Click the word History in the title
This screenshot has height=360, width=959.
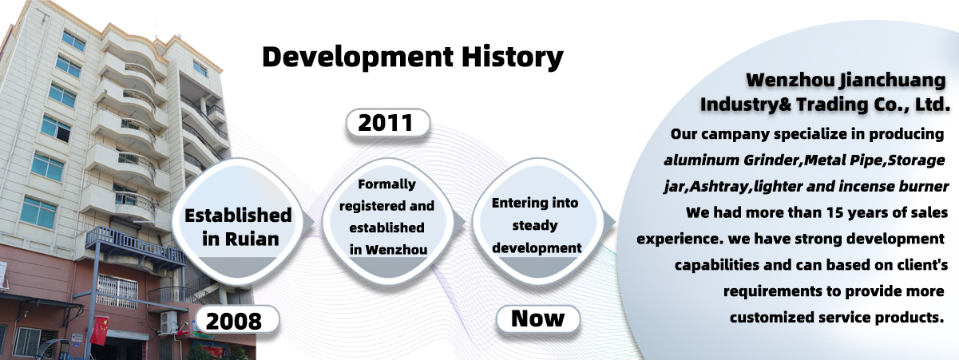tap(512, 57)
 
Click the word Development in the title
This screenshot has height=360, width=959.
tap(358, 57)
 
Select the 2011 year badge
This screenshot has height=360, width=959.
tap(387, 123)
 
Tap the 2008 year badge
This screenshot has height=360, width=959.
tap(236, 320)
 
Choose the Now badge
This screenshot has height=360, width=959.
tap(537, 319)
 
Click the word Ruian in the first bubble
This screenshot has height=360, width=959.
tap(252, 239)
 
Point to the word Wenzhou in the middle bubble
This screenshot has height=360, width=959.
tap(396, 250)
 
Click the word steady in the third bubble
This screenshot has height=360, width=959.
tap(535, 225)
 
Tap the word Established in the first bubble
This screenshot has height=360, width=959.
tap(238, 216)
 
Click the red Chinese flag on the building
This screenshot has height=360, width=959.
tap(99, 330)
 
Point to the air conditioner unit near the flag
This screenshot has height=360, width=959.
tap(168, 322)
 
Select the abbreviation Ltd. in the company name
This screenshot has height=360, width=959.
tap(933, 105)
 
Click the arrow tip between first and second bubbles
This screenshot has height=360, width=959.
tap(315, 222)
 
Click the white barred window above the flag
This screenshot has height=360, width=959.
tap(117, 291)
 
